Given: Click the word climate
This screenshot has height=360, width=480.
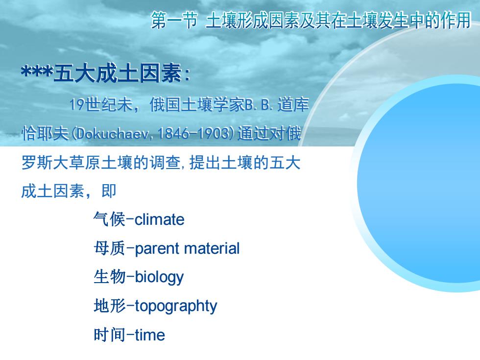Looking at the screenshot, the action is [x=160, y=219].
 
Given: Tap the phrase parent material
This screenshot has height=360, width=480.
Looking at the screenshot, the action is [x=187, y=249].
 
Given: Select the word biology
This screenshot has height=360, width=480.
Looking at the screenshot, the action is [x=159, y=278].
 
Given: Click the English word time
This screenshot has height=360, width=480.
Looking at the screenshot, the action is [x=150, y=335].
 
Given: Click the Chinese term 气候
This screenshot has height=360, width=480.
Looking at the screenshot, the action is [x=109, y=219].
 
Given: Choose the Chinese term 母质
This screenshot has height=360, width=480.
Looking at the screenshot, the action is [x=109, y=248].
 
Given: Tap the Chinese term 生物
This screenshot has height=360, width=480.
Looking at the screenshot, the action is [x=109, y=277].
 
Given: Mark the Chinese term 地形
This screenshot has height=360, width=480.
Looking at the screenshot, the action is [x=109, y=306].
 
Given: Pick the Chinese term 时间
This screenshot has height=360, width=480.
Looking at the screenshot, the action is [x=109, y=335].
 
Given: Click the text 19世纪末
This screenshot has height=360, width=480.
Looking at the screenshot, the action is [x=101, y=104].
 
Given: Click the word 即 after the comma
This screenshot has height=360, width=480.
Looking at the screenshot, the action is [x=109, y=191].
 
